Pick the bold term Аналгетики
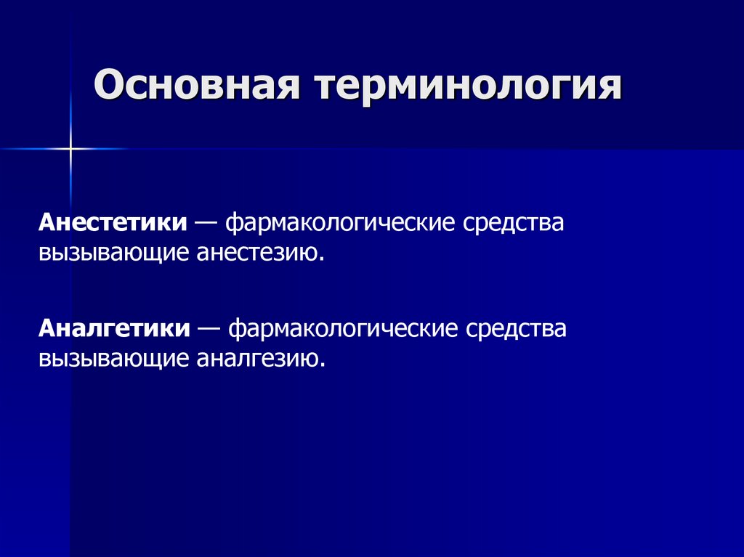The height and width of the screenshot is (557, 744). pyautogui.click(x=114, y=328)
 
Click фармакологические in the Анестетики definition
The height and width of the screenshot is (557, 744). pyautogui.click(x=341, y=222)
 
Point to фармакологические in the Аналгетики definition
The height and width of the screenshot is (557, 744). pyautogui.click(x=345, y=328)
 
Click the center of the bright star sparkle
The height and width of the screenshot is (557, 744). pyautogui.click(x=71, y=149)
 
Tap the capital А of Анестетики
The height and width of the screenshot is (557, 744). pyautogui.click(x=46, y=222)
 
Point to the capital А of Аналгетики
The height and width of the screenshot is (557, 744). pyautogui.click(x=46, y=328)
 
